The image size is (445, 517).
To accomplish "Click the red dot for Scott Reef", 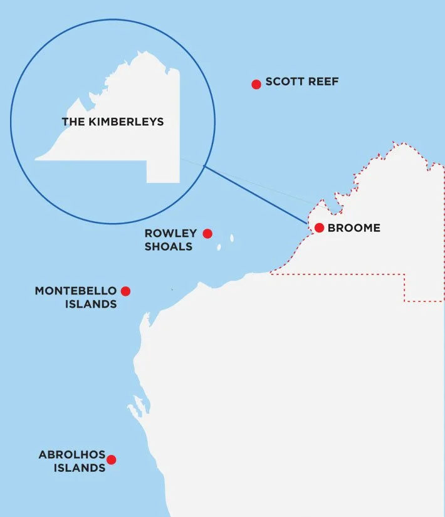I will click(x=256, y=85).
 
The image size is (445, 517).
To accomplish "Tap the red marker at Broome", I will click(x=319, y=227).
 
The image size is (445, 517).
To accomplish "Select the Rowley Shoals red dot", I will click(x=207, y=234).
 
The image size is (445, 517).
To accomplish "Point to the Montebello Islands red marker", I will click(x=125, y=291).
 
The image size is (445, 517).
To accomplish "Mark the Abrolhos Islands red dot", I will click(x=112, y=459).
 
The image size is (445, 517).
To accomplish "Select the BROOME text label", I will click(x=353, y=228).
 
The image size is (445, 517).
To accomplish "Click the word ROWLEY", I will click(x=170, y=233).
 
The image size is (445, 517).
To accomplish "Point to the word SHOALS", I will click(x=169, y=246).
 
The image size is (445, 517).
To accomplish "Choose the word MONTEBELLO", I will click(x=76, y=291).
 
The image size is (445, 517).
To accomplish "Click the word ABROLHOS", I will click(x=72, y=455).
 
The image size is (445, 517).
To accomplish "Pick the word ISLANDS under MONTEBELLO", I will click(x=91, y=305).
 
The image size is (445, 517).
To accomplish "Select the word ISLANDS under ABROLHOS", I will click(x=79, y=468).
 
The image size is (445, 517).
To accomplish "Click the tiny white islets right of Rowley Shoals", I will click(x=232, y=238).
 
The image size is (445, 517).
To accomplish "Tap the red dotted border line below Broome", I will click(x=338, y=274).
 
